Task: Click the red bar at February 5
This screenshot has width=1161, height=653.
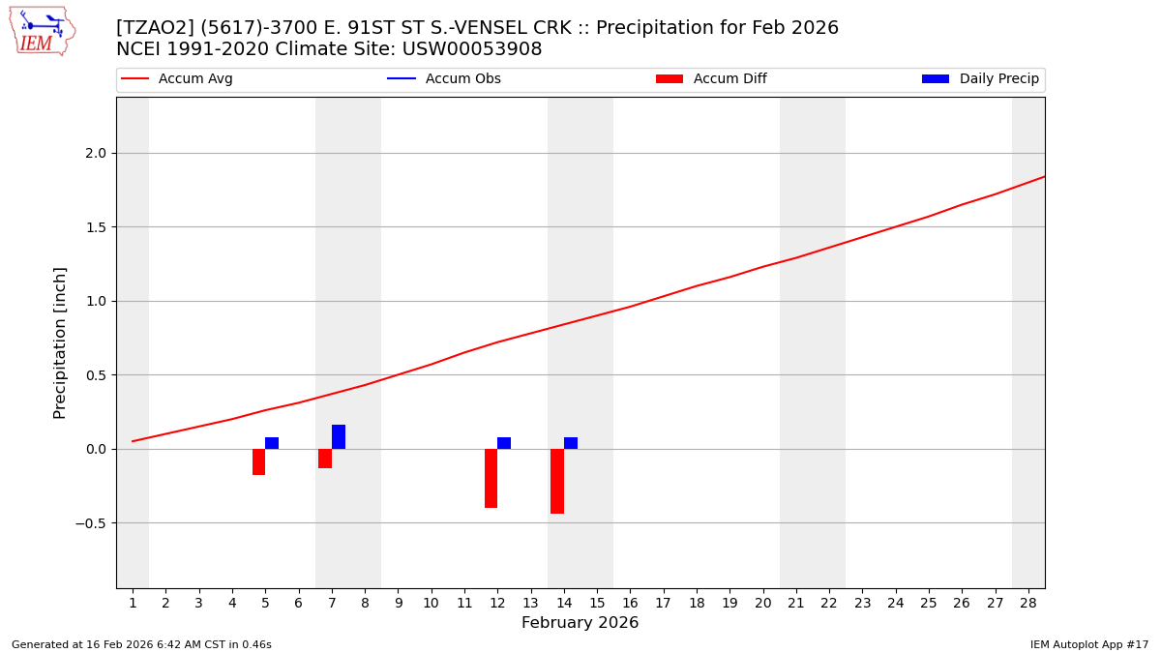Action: [x=258, y=461]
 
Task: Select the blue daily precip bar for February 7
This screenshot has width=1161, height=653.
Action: [x=339, y=437]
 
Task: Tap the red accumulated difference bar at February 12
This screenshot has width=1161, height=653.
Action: [x=491, y=478]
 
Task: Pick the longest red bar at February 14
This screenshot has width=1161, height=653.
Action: [x=557, y=481]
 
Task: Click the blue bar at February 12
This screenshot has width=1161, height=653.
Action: [x=504, y=443]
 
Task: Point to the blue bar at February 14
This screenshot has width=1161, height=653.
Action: [x=571, y=443]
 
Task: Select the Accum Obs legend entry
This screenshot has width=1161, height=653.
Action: [x=462, y=79]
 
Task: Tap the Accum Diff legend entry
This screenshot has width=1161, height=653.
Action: [x=729, y=79]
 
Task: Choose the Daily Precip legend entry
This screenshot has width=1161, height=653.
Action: [x=998, y=79]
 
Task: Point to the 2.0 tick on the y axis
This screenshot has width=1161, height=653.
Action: [x=95, y=153]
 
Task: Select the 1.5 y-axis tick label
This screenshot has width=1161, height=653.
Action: [x=95, y=227]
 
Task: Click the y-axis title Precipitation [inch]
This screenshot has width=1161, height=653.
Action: [x=60, y=342]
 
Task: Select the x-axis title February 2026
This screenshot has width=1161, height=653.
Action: [x=580, y=623]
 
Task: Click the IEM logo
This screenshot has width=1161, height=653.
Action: [x=42, y=31]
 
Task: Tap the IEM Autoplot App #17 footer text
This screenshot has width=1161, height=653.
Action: [x=1089, y=644]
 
